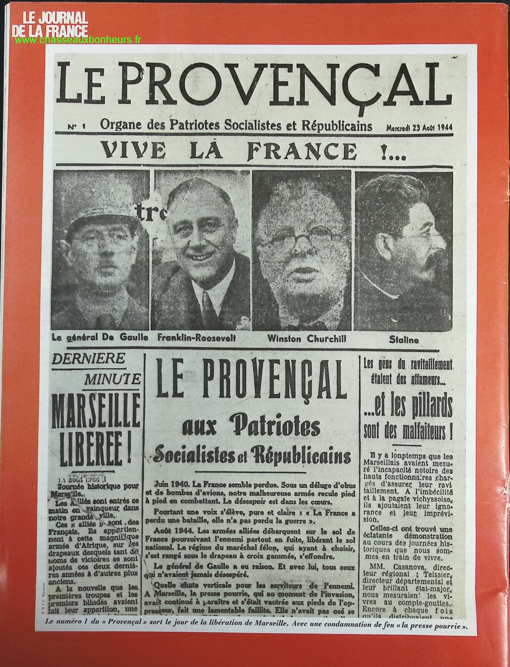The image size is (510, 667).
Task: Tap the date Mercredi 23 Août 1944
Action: tap(419, 127)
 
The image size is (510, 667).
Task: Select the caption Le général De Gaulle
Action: tap(100, 337)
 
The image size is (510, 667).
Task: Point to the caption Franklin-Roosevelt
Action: tap(196, 337)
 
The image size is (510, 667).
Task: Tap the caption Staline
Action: tap(403, 340)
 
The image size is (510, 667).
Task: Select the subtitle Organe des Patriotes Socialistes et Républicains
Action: tap(236, 125)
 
